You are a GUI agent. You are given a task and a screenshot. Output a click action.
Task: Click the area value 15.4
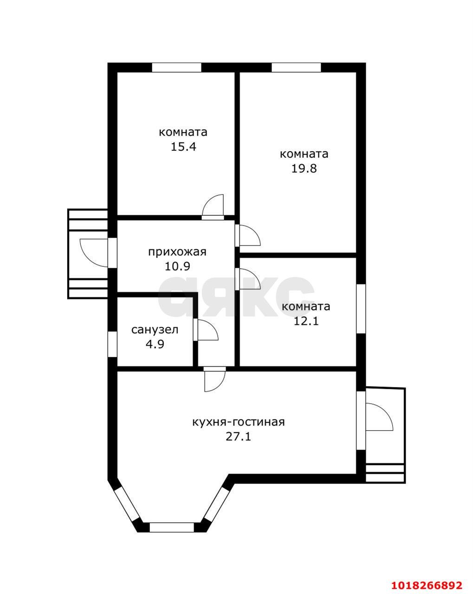click(x=183, y=147)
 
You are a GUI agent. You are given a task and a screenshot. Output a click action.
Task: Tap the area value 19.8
click(x=304, y=168)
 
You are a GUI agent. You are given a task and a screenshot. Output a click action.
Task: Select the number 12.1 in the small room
click(x=306, y=321)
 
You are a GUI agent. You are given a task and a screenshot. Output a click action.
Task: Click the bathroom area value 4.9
click(x=155, y=344)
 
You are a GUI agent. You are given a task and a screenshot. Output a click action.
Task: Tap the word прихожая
click(x=177, y=252)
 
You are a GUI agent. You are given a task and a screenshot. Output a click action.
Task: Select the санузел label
click(x=155, y=329)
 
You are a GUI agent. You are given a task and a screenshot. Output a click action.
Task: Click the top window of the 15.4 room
click(x=176, y=67)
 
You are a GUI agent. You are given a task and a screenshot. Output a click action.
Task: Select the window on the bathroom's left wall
click(x=112, y=344)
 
